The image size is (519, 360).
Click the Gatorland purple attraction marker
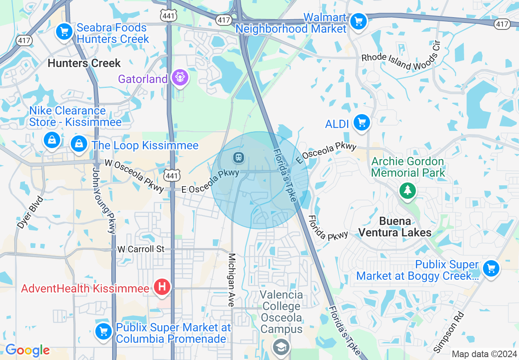click(180, 77)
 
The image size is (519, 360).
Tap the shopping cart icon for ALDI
click(361, 122)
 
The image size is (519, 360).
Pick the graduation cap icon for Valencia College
click(281, 347)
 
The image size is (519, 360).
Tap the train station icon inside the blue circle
click(238, 157)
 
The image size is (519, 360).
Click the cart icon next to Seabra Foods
click(64, 32)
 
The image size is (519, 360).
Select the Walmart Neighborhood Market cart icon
click(359, 21)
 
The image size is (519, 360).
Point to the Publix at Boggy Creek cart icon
click(491, 269)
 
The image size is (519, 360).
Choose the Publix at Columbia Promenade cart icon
click(104, 331)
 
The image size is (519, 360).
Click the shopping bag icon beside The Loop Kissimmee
click(78, 144)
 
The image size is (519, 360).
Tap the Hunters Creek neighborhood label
click(84, 63)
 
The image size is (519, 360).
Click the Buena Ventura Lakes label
click(395, 227)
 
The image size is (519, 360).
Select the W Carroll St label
click(141, 249)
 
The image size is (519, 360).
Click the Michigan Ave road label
click(232, 280)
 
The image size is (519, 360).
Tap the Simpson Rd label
click(449, 332)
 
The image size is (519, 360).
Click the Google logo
click(27, 350)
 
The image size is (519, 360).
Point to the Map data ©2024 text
click(483, 354)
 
